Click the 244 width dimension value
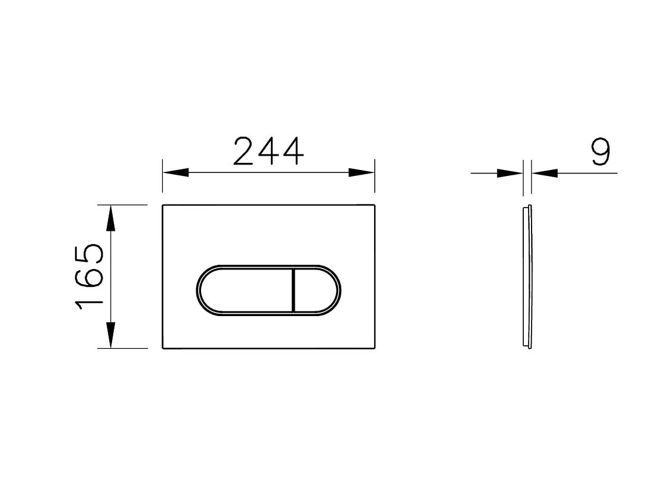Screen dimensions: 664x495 [x=268, y=151]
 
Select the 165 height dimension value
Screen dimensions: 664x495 [x=89, y=277]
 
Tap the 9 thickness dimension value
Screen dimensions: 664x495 [x=601, y=151]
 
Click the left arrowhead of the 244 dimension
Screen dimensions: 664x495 [x=176, y=173]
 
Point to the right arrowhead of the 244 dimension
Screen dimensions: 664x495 [x=362, y=173]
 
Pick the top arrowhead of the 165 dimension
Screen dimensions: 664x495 [x=110, y=218]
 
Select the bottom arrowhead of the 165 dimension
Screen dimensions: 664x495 [x=110, y=335]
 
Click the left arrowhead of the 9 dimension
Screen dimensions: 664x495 [x=510, y=173]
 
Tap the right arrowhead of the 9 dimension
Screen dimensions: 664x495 [x=545, y=173]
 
